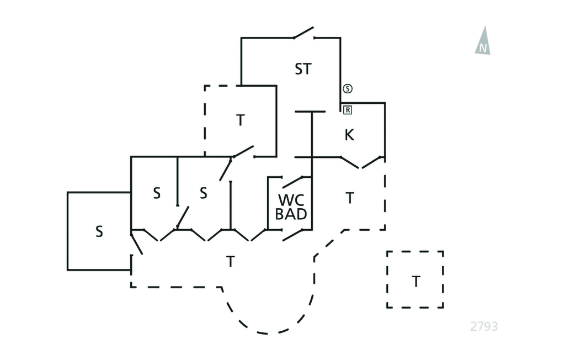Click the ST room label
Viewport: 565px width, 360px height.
click(303, 70)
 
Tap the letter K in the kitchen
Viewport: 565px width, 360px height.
click(349, 135)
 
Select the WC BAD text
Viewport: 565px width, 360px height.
click(291, 207)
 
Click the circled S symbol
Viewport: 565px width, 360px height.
click(348, 88)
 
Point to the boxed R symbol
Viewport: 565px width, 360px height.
click(348, 110)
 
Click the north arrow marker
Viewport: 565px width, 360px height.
click(483, 41)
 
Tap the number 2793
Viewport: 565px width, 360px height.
click(484, 326)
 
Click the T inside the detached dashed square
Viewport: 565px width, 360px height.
click(415, 282)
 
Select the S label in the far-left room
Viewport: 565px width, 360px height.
click(99, 231)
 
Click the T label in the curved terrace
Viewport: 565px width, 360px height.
click(230, 262)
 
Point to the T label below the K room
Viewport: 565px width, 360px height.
click(349, 198)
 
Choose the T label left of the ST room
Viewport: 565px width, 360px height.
click(240, 120)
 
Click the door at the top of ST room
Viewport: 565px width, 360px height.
click(304, 33)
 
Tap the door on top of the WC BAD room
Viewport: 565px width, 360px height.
click(296, 181)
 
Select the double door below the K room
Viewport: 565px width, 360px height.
click(361, 162)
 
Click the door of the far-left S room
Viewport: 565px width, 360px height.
click(136, 243)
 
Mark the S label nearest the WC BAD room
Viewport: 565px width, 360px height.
click(203, 193)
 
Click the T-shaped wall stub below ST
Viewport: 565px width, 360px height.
click(311, 113)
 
